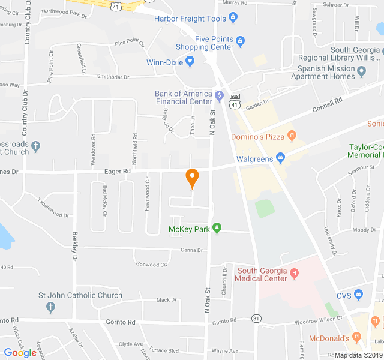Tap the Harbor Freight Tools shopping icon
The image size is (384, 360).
pyautogui.click(x=233, y=19)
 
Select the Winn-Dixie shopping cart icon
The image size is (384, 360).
pyautogui.click(x=190, y=61)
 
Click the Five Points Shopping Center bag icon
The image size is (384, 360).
pyautogui.click(x=241, y=41)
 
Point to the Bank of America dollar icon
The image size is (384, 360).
pyautogui.click(x=220, y=95)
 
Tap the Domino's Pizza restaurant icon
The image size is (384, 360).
pyautogui.click(x=292, y=136)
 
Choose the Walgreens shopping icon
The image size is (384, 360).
pyautogui.click(x=280, y=158)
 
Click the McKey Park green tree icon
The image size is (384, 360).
pyautogui.click(x=217, y=228)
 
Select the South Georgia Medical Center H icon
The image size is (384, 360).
pyautogui.click(x=294, y=273)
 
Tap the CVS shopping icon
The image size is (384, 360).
pyautogui.click(x=359, y=294)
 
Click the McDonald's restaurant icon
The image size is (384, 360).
pyautogui.click(x=356, y=338)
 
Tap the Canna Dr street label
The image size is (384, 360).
pyautogui.click(x=192, y=250)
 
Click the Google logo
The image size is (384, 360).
pyautogui.click(x=20, y=353)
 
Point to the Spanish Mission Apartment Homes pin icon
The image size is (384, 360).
pyautogui.click(x=362, y=73)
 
